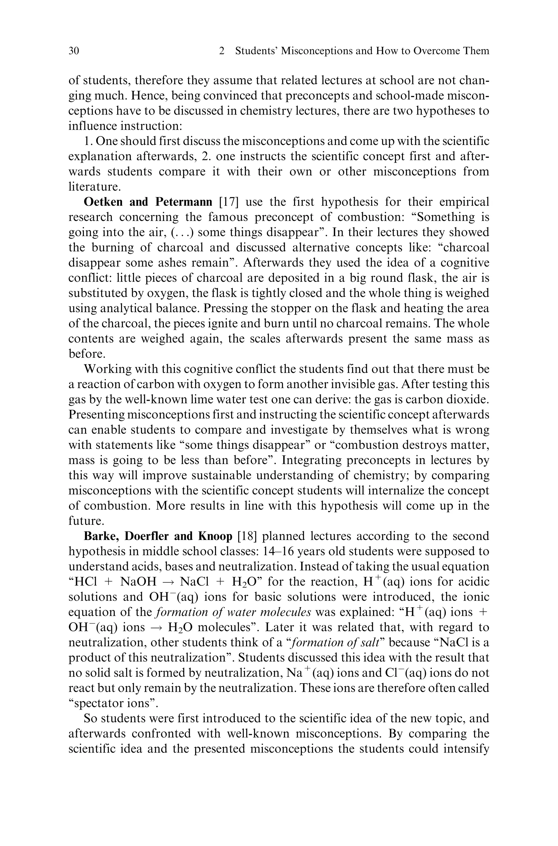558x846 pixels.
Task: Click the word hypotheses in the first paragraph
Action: [x=446, y=111]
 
